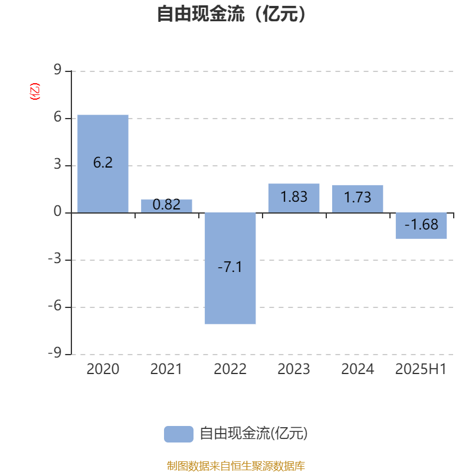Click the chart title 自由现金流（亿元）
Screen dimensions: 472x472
coord(231,14)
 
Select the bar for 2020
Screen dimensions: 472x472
coord(103,164)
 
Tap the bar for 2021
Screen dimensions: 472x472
coord(166,206)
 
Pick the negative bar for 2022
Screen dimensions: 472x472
coord(230,268)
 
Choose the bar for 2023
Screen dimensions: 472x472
coord(294,198)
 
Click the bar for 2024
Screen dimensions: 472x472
coord(358,199)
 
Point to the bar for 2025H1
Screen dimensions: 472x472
coord(421,226)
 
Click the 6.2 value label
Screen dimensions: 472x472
coord(103,163)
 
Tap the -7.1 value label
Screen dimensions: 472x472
coord(230,267)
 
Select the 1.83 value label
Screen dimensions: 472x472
coord(294,197)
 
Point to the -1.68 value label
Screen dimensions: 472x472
coord(421,225)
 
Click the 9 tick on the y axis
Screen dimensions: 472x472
coord(57,70)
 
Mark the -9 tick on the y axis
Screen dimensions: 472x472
coord(55,352)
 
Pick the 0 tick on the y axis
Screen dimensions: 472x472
coord(57,212)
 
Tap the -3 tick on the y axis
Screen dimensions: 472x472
coord(55,259)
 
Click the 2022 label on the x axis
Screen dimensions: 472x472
coord(230,369)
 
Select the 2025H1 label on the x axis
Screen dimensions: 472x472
coord(421,369)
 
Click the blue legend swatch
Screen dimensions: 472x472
coord(179,434)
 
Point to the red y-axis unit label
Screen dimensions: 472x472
coord(35,91)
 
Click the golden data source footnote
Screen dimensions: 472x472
coord(235,466)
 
